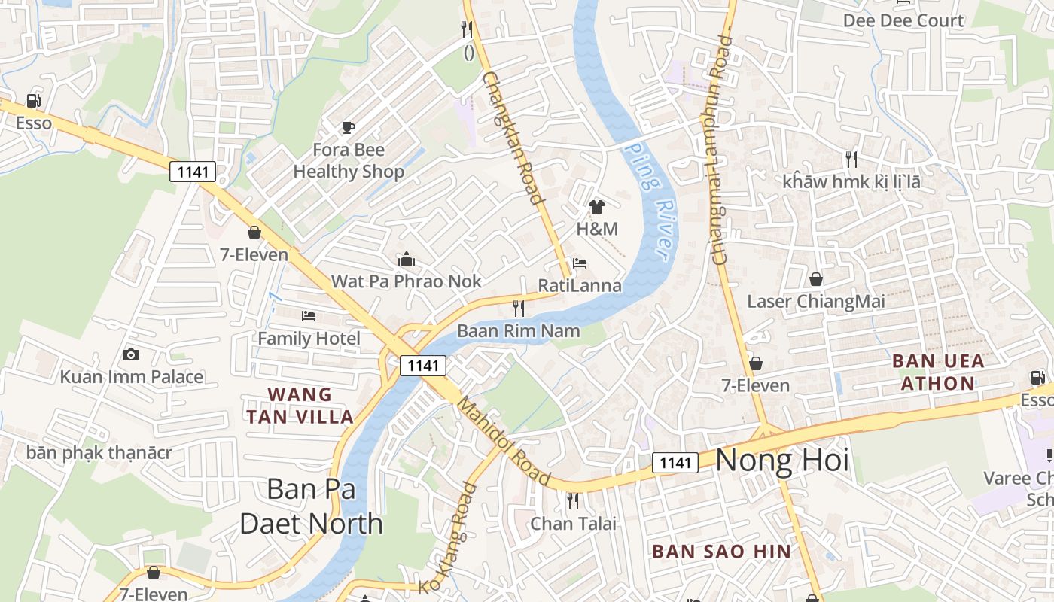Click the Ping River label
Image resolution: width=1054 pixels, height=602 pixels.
coord(652,199)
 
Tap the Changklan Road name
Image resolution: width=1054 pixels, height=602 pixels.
coord(513,138)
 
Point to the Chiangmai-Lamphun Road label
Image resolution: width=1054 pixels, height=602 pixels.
coord(722,150)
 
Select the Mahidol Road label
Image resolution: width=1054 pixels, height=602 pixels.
coord(504,441)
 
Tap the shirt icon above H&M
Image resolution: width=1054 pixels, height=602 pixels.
coord(597,207)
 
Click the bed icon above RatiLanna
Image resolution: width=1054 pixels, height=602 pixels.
coord(580,263)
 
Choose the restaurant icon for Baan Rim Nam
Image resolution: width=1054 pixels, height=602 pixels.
coord(519,308)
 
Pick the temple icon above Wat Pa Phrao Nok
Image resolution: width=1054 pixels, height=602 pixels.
coord(407,260)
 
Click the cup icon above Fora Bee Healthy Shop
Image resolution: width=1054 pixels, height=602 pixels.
coord(348,127)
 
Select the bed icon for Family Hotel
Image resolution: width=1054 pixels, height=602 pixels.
coord(309,315)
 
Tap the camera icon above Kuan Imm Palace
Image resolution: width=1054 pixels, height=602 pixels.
coord(131,354)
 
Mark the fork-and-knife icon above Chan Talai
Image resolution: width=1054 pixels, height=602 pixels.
coord(573,500)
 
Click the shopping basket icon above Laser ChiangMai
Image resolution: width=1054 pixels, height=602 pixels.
coord(815,279)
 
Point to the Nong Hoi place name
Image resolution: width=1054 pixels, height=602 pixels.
coord(781,460)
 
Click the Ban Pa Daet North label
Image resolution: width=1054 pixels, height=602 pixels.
coord(311,506)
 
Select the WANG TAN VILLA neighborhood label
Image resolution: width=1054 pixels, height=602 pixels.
coord(300,406)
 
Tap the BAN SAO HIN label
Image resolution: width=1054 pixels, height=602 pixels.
coord(721,552)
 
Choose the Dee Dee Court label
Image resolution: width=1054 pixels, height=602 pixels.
coord(903,20)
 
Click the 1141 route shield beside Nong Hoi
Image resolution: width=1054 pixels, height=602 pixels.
coord(675,463)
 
